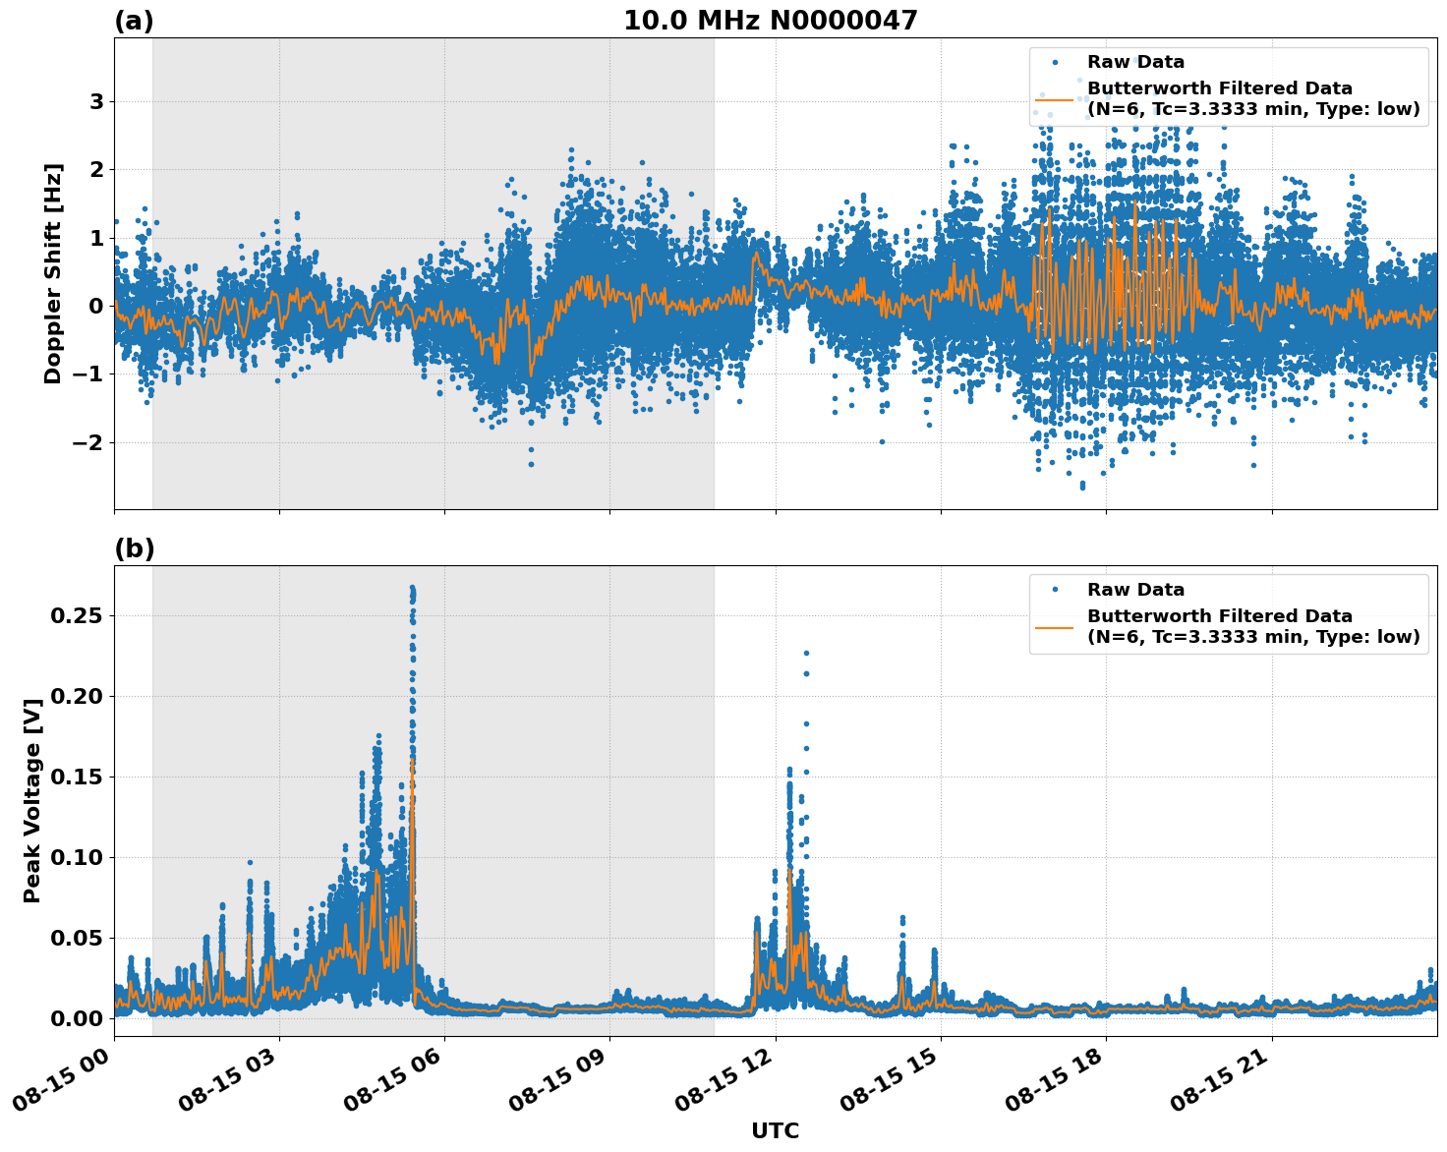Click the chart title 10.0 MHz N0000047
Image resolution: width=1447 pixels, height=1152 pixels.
(x=771, y=21)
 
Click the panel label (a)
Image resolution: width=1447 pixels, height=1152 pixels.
(x=134, y=21)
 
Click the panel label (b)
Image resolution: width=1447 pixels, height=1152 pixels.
(x=134, y=548)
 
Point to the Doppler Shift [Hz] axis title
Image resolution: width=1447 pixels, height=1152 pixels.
(x=53, y=273)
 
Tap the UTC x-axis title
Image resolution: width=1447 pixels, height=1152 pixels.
(x=775, y=1130)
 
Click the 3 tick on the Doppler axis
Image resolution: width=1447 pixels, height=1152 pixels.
(x=96, y=101)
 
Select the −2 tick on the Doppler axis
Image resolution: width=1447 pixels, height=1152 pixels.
(x=88, y=442)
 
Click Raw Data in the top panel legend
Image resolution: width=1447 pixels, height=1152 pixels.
(x=1135, y=62)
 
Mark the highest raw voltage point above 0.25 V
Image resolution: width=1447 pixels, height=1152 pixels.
(x=412, y=588)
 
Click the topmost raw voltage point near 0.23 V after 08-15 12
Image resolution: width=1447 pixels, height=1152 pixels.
(x=806, y=653)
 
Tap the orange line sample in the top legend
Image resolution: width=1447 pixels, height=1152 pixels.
(x=1055, y=98)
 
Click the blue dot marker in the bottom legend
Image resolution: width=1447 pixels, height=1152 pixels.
(x=1055, y=590)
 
